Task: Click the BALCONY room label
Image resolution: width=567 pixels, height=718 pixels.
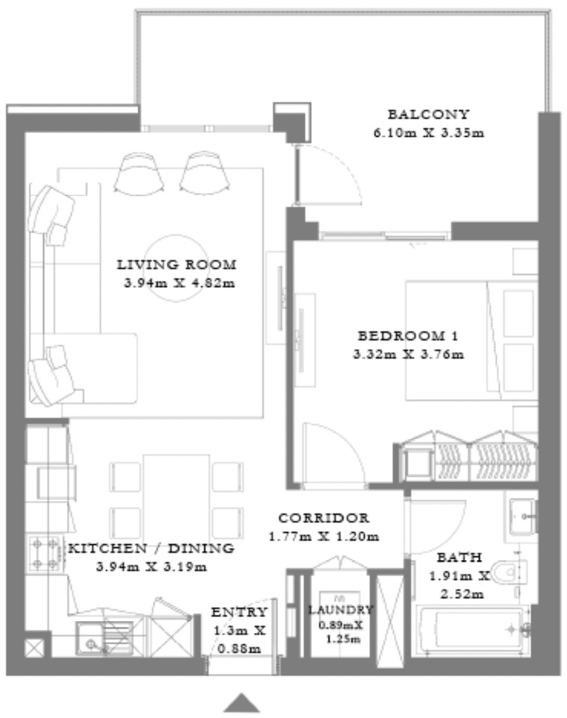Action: [x=428, y=114]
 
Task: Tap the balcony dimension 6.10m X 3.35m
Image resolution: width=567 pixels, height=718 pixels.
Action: [x=429, y=133]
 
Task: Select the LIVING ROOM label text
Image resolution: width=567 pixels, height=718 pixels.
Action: [x=177, y=264]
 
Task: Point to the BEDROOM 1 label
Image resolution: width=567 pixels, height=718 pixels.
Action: [x=408, y=336]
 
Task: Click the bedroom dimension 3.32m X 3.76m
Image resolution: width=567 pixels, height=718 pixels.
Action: [x=408, y=355]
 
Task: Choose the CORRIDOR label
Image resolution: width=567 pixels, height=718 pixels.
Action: [x=324, y=518]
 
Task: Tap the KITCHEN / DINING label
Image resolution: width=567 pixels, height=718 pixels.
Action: [x=151, y=548]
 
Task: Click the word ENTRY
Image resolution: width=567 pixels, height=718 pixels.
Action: [x=239, y=612]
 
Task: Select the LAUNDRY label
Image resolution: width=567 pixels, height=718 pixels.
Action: [x=340, y=610]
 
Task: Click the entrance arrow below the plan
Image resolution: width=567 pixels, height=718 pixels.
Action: [x=242, y=703]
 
